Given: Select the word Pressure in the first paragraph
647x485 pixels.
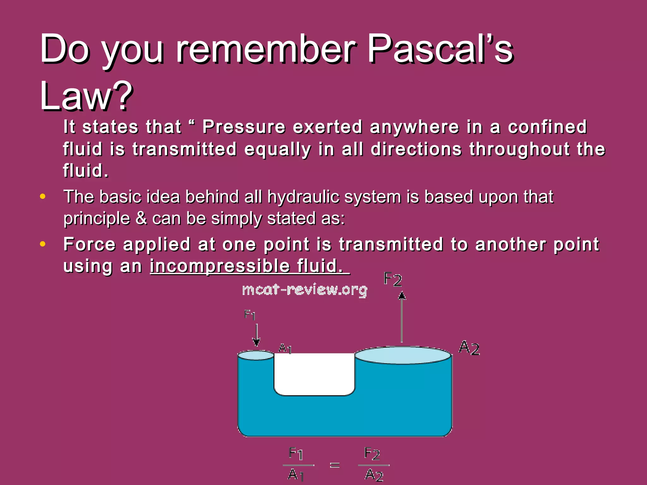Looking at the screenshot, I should click(x=244, y=127).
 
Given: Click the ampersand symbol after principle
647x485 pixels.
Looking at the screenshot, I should click(x=141, y=219).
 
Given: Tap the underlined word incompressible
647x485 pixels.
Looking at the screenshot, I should click(x=219, y=266).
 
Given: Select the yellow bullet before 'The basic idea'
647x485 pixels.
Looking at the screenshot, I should click(x=43, y=197).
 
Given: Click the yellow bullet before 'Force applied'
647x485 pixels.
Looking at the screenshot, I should click(x=43, y=244).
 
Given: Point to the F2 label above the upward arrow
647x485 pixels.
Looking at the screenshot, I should click(x=393, y=280).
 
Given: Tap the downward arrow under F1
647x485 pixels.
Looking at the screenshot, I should click(x=257, y=336).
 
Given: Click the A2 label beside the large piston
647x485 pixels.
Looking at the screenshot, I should click(x=469, y=348).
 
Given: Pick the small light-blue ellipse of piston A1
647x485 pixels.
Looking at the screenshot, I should click(x=255, y=356).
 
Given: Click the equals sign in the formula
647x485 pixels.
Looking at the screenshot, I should click(x=335, y=465).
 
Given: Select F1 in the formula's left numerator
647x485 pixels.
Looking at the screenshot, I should click(x=296, y=454).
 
